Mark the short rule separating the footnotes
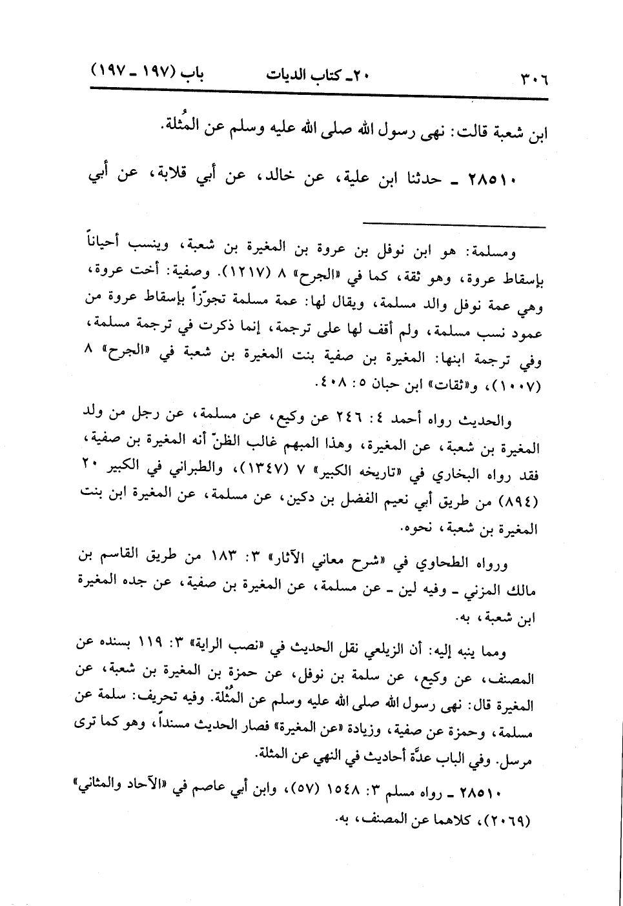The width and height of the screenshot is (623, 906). pos(454,225)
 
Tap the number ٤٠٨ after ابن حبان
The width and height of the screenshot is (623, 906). pos(329,386)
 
